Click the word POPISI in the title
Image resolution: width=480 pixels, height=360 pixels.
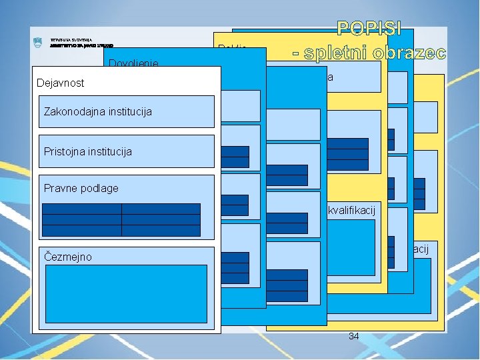click(x=369, y=29)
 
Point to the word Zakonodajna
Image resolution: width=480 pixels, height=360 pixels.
click(x=71, y=111)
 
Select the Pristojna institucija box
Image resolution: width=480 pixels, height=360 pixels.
click(x=126, y=151)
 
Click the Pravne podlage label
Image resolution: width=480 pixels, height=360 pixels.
click(x=81, y=188)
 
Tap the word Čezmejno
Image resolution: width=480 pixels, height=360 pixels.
click(x=67, y=257)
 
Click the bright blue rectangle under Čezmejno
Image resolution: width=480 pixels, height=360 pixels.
click(x=125, y=294)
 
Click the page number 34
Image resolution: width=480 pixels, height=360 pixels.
click(x=353, y=337)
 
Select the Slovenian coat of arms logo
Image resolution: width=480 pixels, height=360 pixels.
click(x=37, y=43)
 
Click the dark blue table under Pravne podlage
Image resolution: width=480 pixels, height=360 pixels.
click(x=121, y=220)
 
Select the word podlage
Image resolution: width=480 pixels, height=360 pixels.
click(x=100, y=188)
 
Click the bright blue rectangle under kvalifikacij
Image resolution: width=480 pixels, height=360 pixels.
click(x=351, y=247)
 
